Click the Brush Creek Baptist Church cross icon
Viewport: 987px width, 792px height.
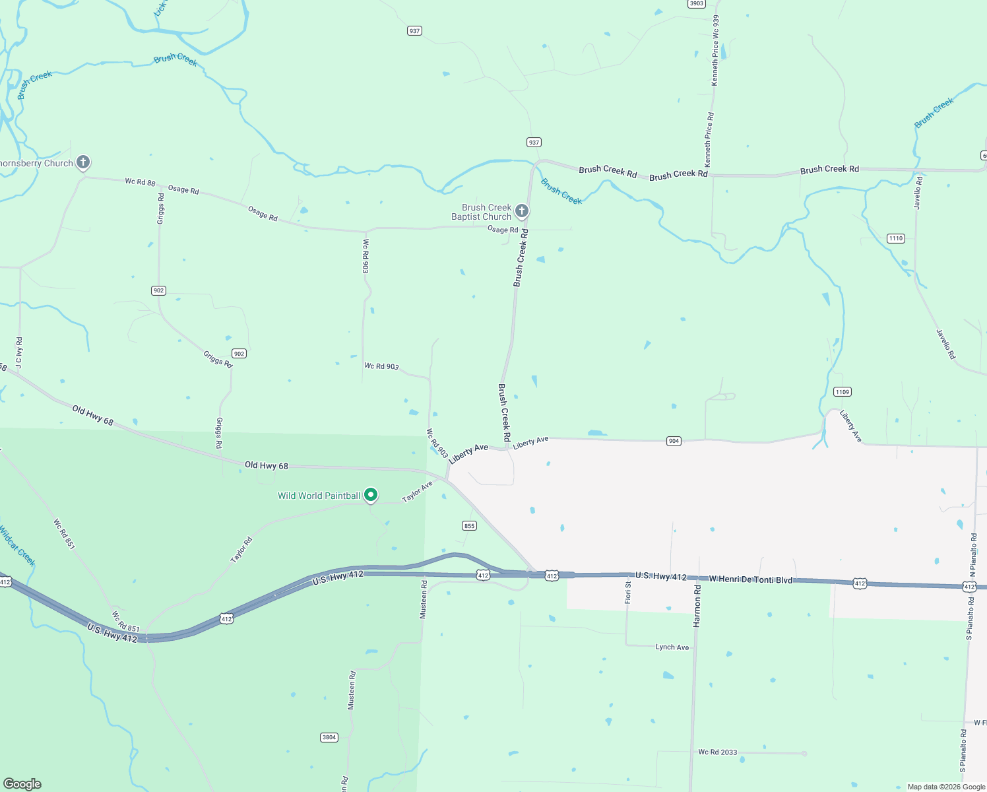tap(521, 211)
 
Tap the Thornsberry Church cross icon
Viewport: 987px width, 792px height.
tap(82, 162)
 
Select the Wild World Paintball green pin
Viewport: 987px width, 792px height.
tap(371, 494)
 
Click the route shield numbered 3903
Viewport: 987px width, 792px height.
tap(696, 3)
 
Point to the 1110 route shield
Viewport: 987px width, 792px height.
tap(895, 238)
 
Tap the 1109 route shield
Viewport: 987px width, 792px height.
tap(842, 392)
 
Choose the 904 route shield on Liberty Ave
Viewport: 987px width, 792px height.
tap(673, 441)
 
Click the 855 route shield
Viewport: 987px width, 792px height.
tap(469, 526)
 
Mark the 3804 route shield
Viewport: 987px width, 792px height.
tap(329, 737)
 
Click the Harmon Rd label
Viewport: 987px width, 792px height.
tap(697, 605)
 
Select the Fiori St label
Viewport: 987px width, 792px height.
tap(628, 592)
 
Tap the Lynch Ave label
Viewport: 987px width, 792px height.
tap(672, 647)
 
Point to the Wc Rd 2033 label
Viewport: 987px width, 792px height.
tap(717, 752)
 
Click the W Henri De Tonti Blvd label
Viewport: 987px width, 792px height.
tap(750, 579)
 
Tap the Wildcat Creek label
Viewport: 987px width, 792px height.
tap(16, 546)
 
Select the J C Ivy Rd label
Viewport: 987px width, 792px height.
tap(19, 352)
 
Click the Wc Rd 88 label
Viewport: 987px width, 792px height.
tap(140, 181)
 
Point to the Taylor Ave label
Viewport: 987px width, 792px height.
tap(418, 491)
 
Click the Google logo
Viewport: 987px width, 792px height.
tap(22, 784)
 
